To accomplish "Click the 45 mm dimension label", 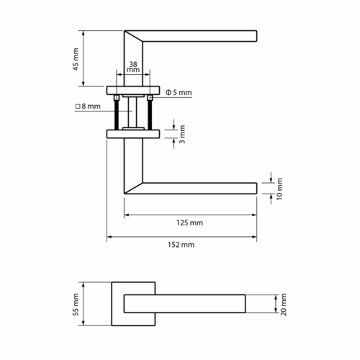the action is (76, 59).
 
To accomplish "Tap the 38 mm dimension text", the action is (133, 67).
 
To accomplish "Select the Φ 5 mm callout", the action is (179, 92).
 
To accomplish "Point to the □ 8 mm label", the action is (88, 106).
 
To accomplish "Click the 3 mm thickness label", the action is (182, 134).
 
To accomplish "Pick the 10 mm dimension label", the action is (279, 189).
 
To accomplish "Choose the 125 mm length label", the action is (189, 222).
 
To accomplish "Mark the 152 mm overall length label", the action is (181, 245).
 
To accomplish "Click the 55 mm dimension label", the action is (76, 305).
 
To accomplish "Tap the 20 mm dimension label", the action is (284, 305).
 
